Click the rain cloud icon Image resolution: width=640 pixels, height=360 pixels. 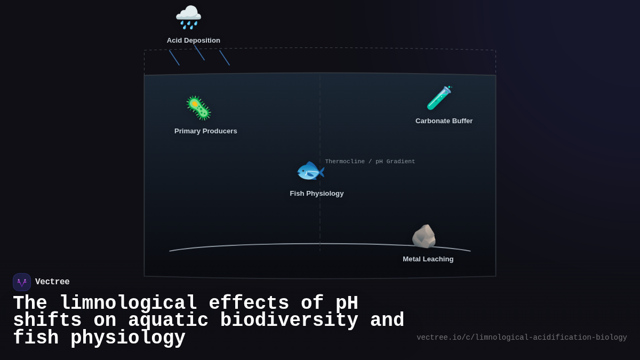coord(188,17)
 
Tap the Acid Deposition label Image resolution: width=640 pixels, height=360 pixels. coord(193,41)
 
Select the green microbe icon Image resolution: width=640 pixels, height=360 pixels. coord(198,108)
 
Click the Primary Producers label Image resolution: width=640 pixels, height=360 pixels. coord(205,131)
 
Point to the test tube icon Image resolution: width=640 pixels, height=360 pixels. coord(439,98)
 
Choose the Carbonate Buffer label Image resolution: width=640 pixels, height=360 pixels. coord(444,121)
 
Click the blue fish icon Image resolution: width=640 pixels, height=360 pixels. coord(310,171)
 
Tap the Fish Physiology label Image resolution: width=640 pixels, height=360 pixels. coord(316,194)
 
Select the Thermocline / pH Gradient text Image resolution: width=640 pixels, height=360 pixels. coord(370,162)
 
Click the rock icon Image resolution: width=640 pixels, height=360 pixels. coord(424,236)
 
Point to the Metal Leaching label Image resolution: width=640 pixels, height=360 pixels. coord(428,259)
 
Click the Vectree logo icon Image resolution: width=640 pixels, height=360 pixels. coord(22,282)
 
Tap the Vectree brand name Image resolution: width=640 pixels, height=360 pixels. coord(52,282)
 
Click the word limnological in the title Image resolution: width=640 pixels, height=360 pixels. coord(129,303)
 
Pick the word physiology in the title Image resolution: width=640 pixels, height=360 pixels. coord(128,338)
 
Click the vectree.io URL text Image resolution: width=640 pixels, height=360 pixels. coord(521,338)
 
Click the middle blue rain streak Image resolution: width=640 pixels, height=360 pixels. coord(199,52)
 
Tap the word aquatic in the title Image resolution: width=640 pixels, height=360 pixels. coord(168,321)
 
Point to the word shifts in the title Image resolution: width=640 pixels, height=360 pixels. coord(47,321)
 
